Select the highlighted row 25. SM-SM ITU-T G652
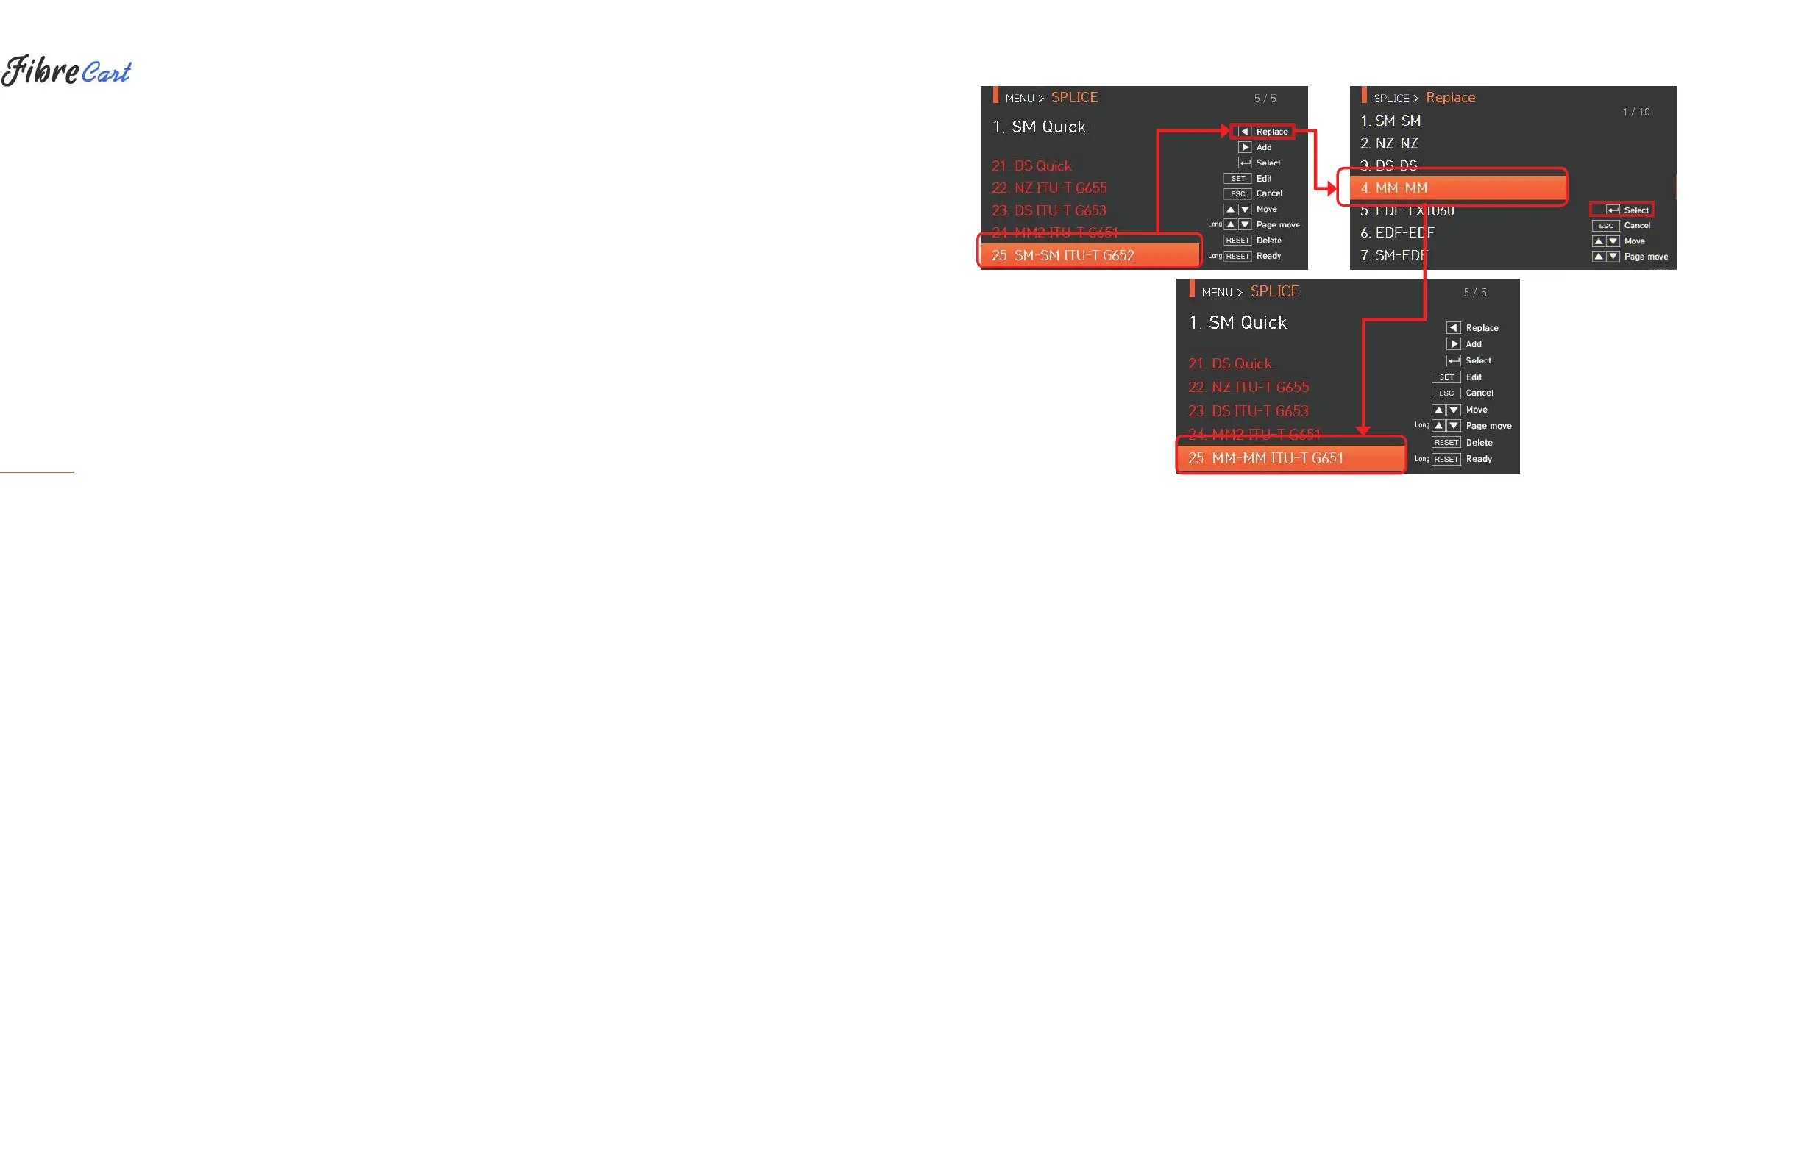[x=1090, y=256]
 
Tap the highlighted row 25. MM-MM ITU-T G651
[x=1291, y=458]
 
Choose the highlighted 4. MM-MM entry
[x=1452, y=188]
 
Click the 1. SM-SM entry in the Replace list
[x=1398, y=121]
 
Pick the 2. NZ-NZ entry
[x=1396, y=143]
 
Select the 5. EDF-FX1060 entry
[x=1414, y=211]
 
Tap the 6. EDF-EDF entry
[x=1404, y=233]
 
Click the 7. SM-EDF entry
[x=1401, y=256]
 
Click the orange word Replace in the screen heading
[x=1450, y=98]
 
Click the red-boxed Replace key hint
[x=1263, y=132]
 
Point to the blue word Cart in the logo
[x=106, y=73]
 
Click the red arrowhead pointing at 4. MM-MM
[x=1331, y=188]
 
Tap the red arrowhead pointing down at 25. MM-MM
[x=1363, y=430]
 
